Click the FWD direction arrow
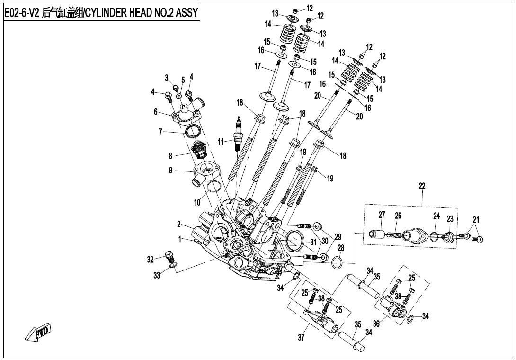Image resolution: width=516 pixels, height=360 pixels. pos(38,332)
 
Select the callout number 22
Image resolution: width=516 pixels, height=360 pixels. pos(422,186)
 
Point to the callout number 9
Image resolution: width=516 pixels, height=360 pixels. pos(171,171)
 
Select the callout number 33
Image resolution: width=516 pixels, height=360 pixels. pos(157,276)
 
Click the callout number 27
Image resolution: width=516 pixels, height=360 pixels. pos(382,215)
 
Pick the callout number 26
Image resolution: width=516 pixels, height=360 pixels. pos(398,216)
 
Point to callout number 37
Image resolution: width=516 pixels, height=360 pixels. pos(301,338)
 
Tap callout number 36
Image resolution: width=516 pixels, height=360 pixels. pos(376,324)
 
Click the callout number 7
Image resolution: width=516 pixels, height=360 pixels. pos(160,132)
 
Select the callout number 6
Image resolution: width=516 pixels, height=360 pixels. pos(155,112)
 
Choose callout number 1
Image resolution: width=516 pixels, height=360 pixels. pos(180,240)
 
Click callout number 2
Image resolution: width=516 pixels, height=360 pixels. pos(179,224)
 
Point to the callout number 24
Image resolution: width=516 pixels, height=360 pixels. pos(436,216)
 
